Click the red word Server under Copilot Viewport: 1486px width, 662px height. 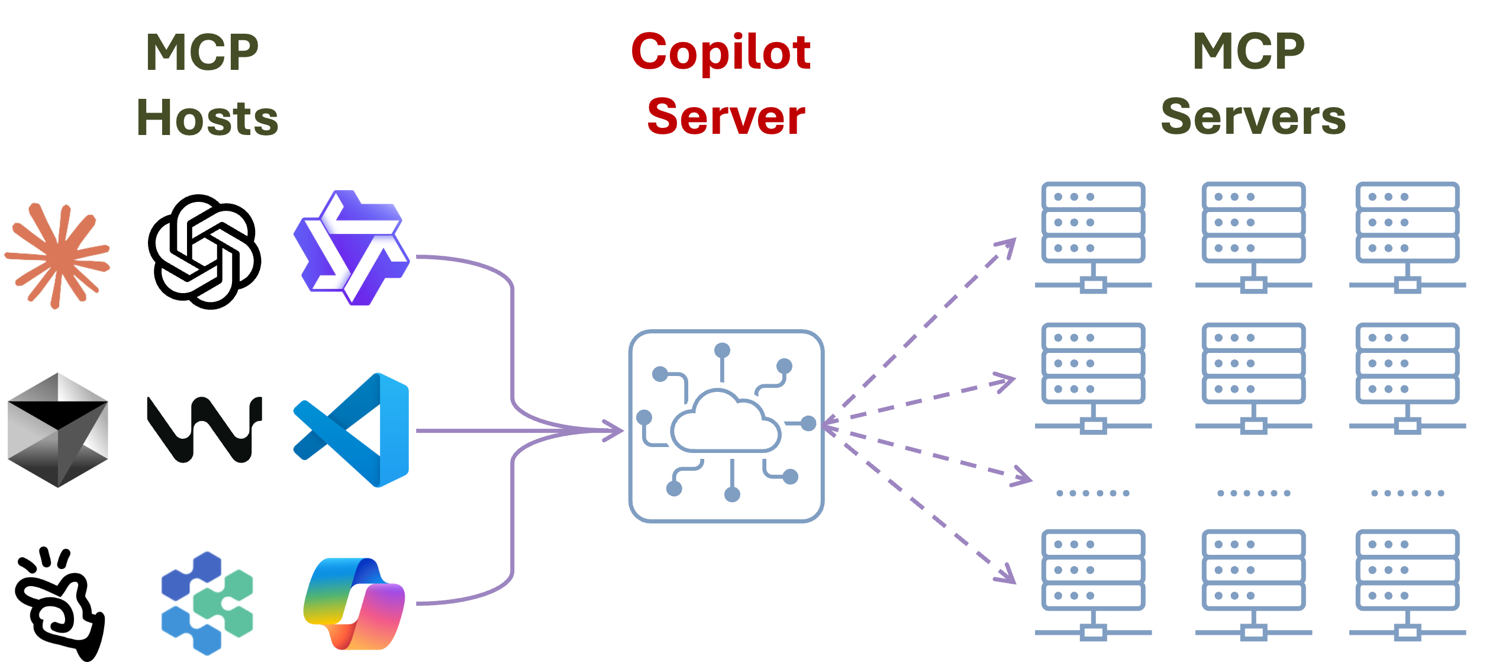(726, 117)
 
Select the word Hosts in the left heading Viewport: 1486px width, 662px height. (207, 118)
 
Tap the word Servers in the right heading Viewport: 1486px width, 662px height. (1253, 117)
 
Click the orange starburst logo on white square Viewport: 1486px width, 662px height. (57, 256)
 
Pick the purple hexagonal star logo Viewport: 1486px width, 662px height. (352, 248)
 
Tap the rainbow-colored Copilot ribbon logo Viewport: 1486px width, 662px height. (354, 603)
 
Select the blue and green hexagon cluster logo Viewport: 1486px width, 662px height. (207, 603)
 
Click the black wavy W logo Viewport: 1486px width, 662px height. (204, 429)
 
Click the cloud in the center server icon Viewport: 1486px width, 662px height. (725, 422)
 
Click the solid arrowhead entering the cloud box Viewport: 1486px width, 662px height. (615, 430)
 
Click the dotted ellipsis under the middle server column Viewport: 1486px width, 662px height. (1253, 493)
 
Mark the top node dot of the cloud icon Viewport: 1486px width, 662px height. (722, 351)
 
